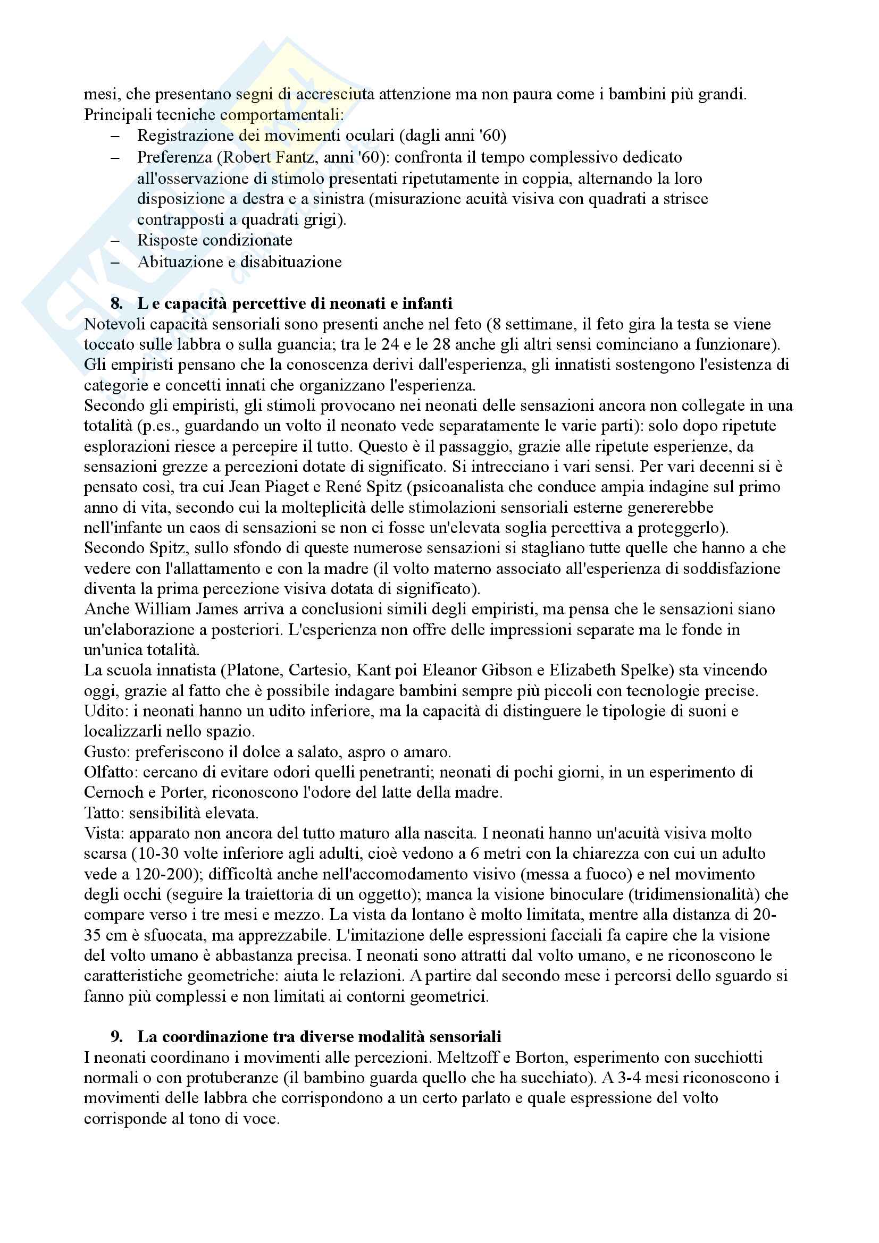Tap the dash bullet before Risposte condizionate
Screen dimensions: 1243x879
[x=114, y=241]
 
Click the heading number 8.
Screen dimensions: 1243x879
[x=116, y=304]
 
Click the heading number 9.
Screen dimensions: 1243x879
[x=116, y=1037]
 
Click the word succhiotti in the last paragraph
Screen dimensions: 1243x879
[x=729, y=1058]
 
